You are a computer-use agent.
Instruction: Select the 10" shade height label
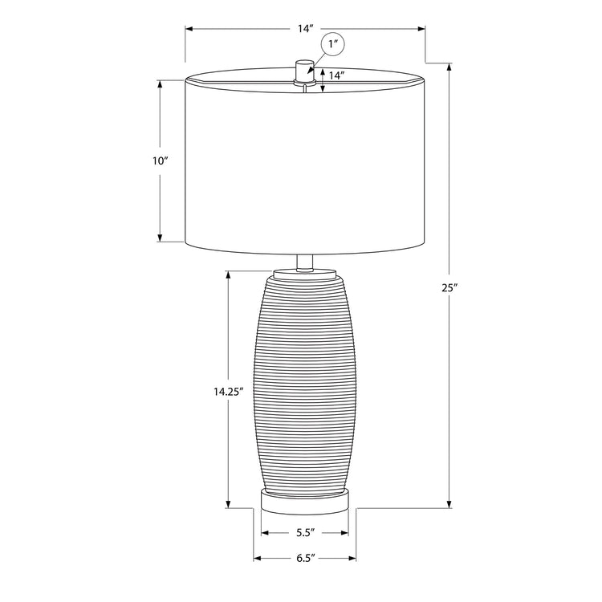point(161,161)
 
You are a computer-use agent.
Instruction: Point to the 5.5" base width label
point(305,532)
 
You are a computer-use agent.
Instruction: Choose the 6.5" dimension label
point(305,557)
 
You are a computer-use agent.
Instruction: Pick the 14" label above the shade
point(305,29)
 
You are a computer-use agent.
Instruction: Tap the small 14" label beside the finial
point(336,76)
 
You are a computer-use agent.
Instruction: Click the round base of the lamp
point(304,502)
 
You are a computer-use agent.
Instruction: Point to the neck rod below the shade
point(304,262)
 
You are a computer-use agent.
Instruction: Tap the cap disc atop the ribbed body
point(304,275)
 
